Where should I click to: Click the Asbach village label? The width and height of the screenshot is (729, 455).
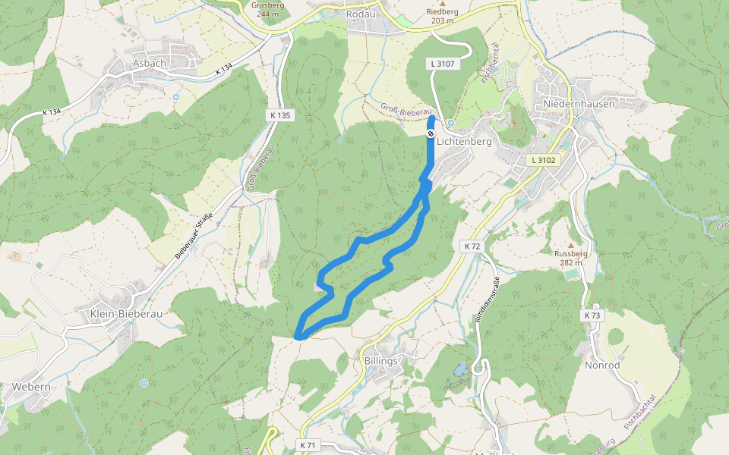149,63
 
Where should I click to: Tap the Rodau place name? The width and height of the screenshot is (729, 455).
361,14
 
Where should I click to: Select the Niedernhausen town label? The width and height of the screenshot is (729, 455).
579,104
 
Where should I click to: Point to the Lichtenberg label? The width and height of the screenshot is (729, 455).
464,141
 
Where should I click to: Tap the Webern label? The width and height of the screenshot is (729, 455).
31,387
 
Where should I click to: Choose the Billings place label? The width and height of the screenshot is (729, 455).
381,361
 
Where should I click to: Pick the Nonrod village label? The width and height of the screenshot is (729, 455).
602,365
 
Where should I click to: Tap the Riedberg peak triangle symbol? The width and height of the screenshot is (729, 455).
442,3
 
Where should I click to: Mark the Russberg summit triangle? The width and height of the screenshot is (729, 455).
571,245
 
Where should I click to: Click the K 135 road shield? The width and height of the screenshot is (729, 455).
279,115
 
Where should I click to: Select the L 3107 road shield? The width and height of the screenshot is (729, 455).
442,64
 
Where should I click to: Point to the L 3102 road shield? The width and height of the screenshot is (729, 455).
544,160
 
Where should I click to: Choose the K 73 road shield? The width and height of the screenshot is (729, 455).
592,315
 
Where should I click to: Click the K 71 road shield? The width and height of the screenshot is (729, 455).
308,444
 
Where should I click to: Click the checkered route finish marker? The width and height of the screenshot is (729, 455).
431,134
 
